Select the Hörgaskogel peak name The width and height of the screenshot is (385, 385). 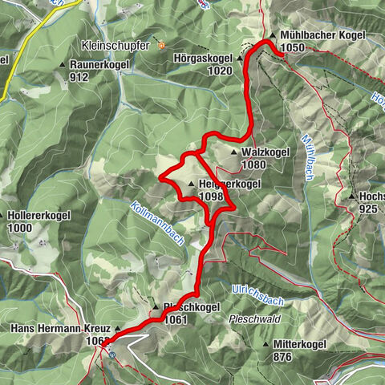[203, 59]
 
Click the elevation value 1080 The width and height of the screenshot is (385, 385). [253, 164]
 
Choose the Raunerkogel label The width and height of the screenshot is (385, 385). [101, 64]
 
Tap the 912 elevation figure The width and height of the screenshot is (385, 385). [79, 77]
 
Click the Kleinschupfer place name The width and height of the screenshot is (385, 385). [115, 46]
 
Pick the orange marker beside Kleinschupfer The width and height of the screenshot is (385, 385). [160, 46]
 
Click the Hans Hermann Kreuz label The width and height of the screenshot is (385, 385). [62, 329]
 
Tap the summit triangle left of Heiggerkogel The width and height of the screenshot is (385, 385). [191, 184]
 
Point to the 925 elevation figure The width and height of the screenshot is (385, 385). [368, 209]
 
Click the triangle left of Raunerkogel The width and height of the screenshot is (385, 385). [63, 64]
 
